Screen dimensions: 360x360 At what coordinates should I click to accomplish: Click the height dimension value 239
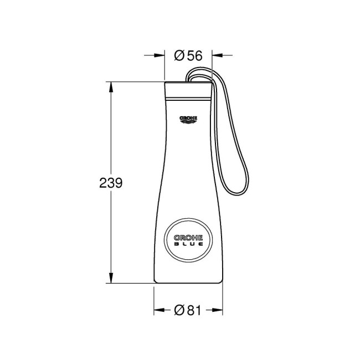coord(111,182)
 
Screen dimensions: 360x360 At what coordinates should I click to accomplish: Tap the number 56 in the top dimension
coord(194,55)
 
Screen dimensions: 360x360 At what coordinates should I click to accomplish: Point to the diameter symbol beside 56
coord(179,55)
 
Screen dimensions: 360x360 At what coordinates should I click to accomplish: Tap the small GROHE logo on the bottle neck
coord(188,118)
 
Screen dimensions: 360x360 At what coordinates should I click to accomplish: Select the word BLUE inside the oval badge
coord(188,244)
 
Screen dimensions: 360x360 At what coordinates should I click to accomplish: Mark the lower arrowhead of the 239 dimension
coord(112,280)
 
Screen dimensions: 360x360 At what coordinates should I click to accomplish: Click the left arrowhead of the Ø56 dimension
coord(161,55)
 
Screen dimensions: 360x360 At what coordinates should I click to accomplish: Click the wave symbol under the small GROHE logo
coord(188,122)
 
